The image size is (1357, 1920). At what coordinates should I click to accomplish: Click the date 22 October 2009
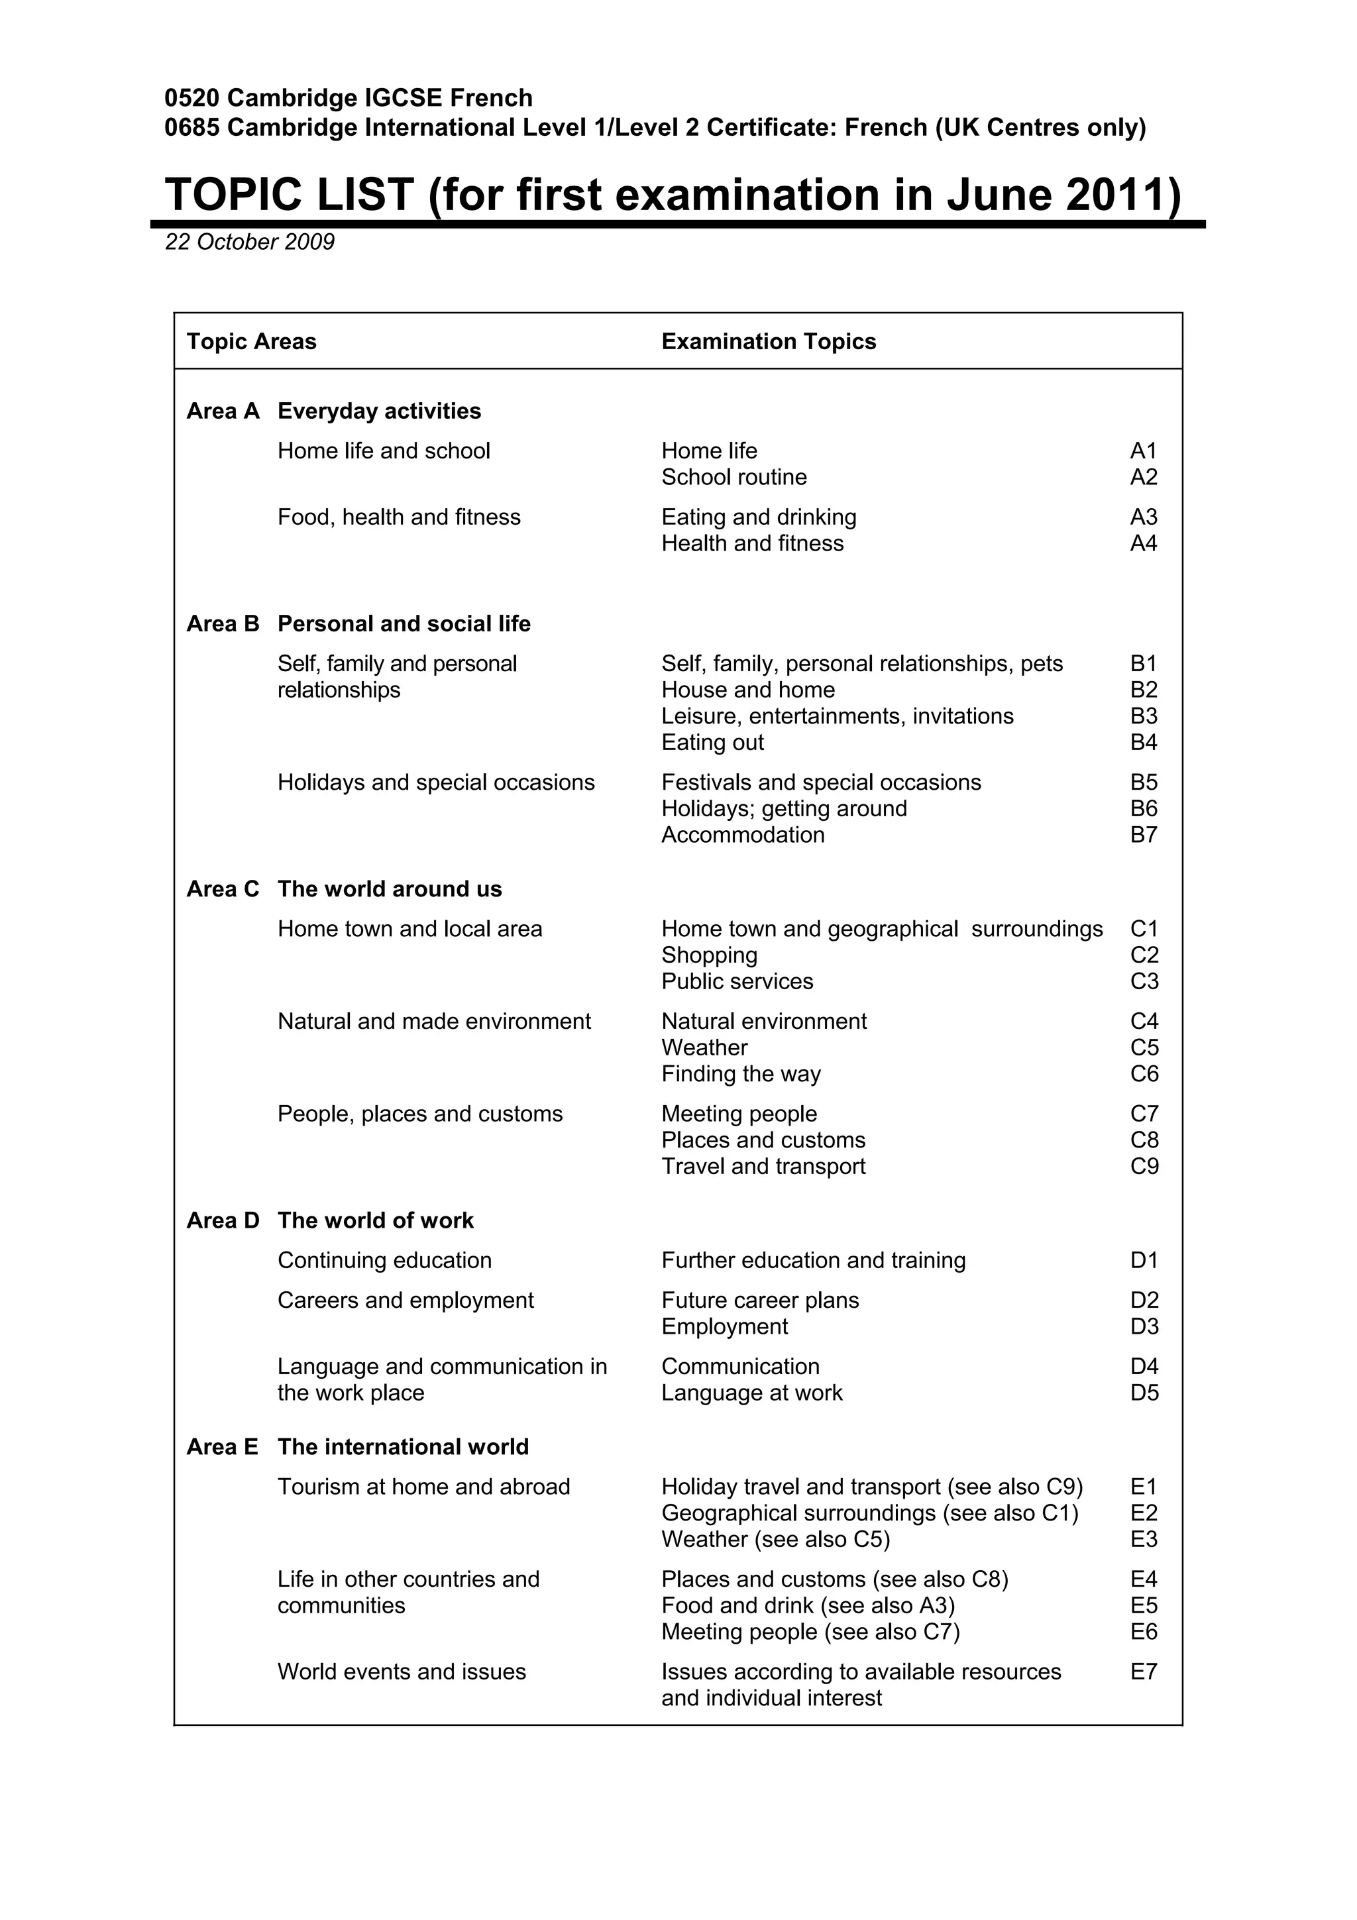click(249, 242)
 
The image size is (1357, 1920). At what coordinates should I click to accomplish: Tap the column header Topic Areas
click(251, 341)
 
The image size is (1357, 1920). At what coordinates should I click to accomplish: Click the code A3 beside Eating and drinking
click(1143, 517)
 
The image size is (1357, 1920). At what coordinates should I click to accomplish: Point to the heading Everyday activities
click(379, 411)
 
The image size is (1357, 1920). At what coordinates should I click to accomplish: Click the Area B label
click(223, 624)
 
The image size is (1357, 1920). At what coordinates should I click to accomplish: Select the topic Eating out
click(712, 743)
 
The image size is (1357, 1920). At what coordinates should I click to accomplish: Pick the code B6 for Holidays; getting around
click(1143, 809)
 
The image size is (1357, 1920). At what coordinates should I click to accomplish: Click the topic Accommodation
click(743, 835)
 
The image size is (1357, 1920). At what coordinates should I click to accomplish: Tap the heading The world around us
click(390, 889)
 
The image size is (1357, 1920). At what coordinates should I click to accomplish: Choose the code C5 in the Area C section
click(1144, 1048)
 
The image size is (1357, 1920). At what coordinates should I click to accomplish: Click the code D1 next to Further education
click(1144, 1260)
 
